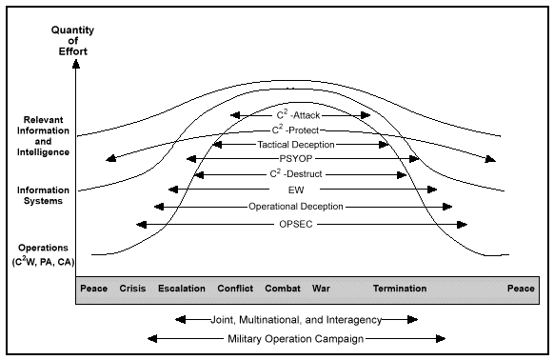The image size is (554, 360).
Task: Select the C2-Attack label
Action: pos(300,114)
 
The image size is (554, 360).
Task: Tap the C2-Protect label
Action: pos(300,130)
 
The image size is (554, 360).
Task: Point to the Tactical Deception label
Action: pos(300,144)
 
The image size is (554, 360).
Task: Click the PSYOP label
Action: pos(300,159)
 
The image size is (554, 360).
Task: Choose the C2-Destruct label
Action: pos(300,174)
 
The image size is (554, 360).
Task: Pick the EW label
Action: pos(300,190)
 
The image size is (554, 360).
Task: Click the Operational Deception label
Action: pos(300,206)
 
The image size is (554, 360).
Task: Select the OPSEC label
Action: pos(300,224)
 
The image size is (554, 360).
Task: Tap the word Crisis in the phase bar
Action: pos(133,289)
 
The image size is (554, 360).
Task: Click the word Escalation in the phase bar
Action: pos(181,289)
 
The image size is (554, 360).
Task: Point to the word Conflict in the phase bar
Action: pos(235,289)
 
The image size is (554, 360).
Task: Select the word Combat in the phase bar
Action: pos(283,289)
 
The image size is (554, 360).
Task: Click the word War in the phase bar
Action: pos(321,289)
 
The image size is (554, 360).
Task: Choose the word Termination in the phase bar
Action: pos(400,289)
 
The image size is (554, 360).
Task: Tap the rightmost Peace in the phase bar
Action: pos(521,289)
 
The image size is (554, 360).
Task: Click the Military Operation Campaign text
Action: pos(297,338)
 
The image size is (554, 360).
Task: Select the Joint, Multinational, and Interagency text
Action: pos(297,319)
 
